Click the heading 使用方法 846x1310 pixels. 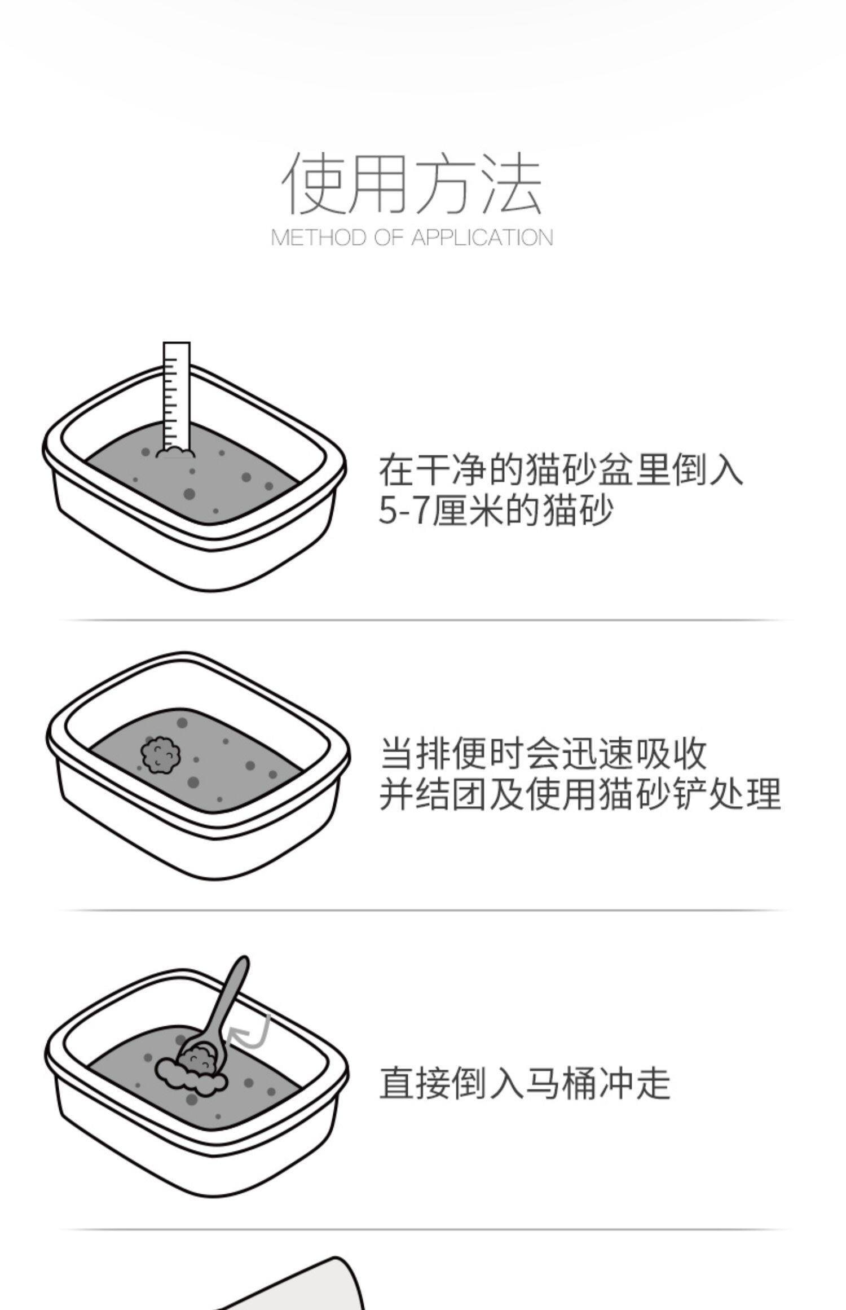pos(412,183)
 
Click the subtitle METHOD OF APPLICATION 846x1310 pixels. pos(412,238)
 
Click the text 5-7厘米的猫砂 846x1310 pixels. pos(495,511)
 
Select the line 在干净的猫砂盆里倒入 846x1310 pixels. pos(560,469)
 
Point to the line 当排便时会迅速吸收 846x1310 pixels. pos(543,753)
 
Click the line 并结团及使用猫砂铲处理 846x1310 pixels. pos(580,794)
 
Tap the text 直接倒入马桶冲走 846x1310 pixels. pos(525,1083)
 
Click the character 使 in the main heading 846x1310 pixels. pos(314,183)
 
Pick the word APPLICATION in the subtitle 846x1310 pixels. pos(482,238)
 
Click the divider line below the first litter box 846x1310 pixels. pos(423,619)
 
